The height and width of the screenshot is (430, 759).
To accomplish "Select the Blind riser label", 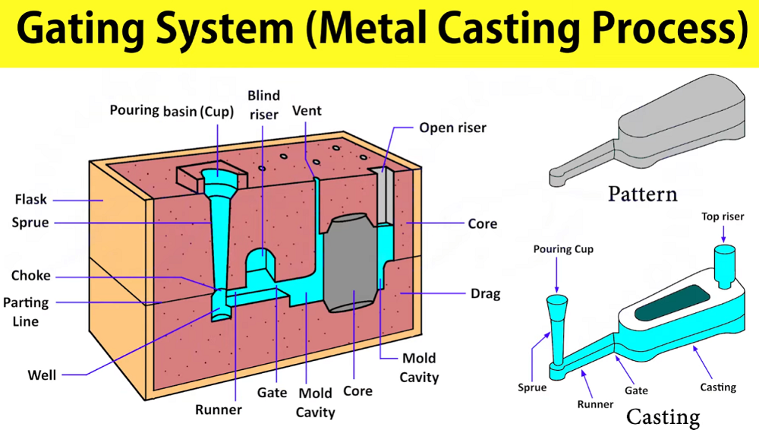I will [263, 105].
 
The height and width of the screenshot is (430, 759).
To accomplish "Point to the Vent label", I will [307, 111].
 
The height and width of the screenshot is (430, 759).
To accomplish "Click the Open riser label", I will [453, 128].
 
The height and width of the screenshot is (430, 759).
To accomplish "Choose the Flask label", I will [31, 200].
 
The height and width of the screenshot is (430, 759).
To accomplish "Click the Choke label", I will [31, 276].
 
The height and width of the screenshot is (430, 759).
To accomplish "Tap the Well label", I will [42, 375].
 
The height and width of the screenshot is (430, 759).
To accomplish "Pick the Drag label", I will [486, 294].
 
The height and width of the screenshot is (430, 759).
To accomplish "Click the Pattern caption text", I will [642, 194].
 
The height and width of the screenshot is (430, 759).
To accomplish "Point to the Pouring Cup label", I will [563, 249].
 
